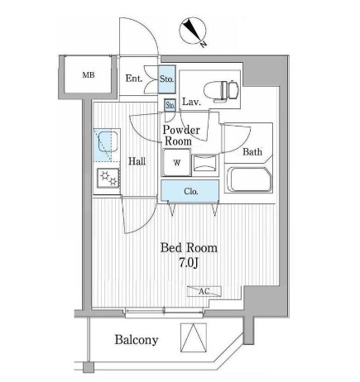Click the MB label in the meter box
89,74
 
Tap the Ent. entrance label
134,79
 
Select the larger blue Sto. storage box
166,79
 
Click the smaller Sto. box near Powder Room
170,105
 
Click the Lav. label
191,102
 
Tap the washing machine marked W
176,162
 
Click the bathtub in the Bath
249,179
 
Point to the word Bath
252,151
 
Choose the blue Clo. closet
190,191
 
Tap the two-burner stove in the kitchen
108,178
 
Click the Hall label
137,161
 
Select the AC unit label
204,291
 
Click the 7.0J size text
189,264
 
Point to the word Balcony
137,340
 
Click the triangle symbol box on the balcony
194,337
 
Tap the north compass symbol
194,31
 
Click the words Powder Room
181,136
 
